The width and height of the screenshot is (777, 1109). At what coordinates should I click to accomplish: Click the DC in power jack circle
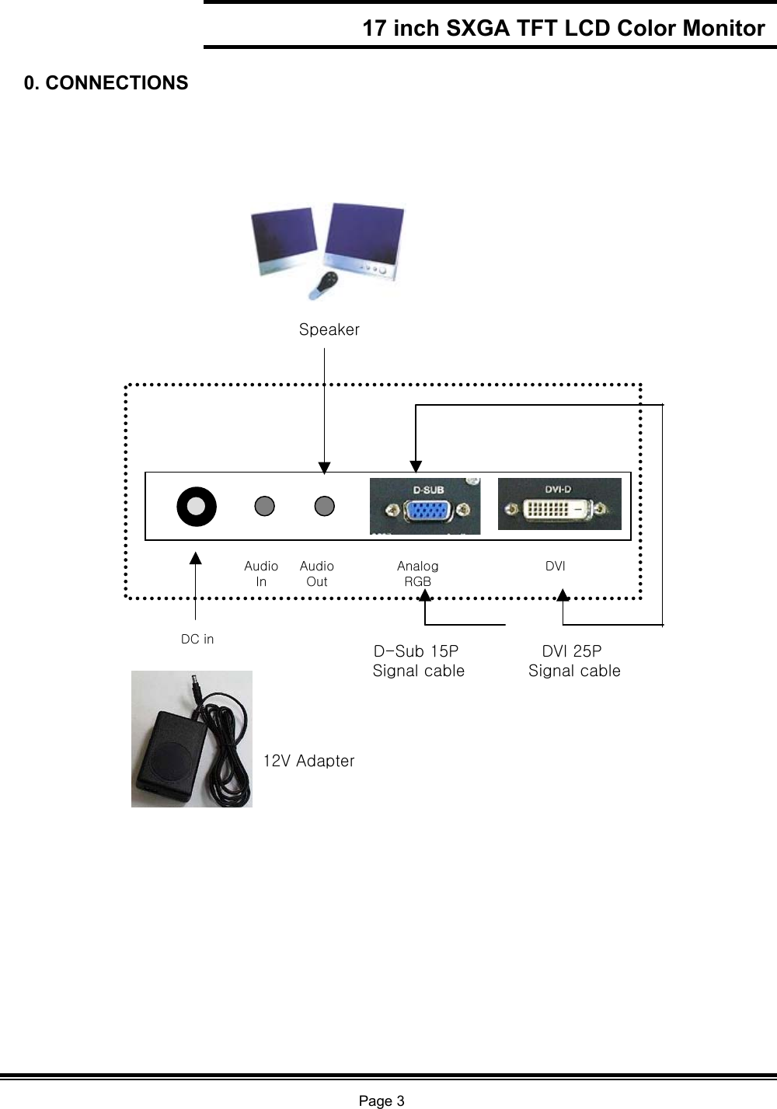197,506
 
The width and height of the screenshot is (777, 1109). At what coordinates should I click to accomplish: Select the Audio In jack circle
265,506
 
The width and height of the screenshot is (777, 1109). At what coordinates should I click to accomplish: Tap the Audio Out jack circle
324,506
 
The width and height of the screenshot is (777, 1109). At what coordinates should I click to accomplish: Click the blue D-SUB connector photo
425,507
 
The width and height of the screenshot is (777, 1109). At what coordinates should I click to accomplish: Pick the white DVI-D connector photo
559,504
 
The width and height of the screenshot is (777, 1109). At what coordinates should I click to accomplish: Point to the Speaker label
329,330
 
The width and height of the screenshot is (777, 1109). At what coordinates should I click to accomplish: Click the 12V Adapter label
308,761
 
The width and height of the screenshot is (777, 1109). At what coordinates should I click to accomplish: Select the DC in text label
197,639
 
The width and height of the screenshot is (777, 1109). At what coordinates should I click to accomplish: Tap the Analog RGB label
418,574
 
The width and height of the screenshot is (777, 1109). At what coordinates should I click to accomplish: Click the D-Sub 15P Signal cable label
418,661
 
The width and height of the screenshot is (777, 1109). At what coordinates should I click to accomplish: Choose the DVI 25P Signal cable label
574,661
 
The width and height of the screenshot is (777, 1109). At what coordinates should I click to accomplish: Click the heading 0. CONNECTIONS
106,83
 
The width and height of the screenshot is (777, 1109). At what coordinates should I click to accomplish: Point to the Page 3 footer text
381,1100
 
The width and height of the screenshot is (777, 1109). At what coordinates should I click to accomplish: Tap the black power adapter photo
192,739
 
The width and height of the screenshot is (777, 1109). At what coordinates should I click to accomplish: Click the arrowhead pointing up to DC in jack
196,557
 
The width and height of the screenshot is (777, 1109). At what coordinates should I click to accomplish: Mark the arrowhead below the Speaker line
324,466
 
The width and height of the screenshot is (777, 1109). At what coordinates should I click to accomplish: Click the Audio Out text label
317,574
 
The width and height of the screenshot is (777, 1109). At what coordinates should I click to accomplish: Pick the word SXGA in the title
475,29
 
